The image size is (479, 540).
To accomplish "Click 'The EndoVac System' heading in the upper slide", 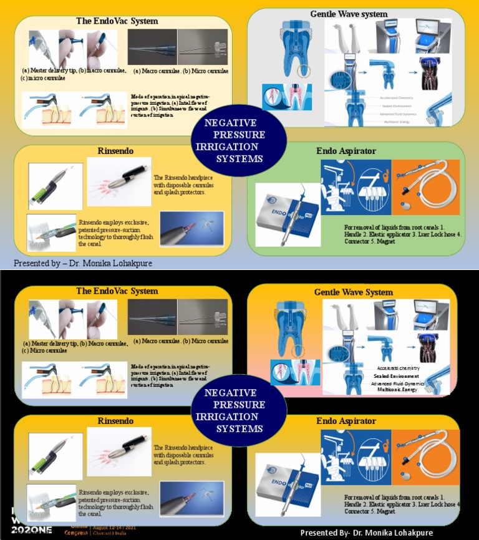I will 117,21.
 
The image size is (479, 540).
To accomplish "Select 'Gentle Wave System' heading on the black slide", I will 353,292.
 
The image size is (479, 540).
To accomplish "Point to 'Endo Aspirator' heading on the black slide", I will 346,421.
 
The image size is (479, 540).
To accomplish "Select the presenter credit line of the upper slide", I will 82,264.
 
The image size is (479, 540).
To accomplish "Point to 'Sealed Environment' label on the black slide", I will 396,376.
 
